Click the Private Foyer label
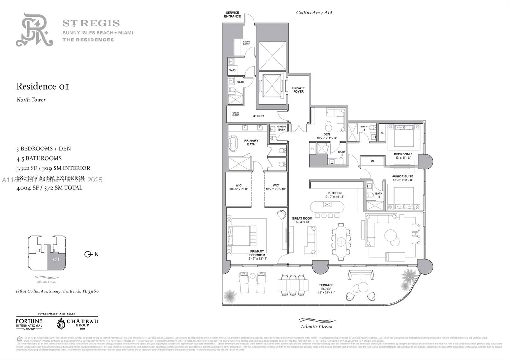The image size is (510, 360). click(298, 90)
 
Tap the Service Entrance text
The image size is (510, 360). click(232, 15)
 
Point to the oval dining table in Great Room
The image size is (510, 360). click(341, 241)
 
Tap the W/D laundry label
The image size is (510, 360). click(232, 70)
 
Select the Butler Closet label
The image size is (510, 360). click(246, 43)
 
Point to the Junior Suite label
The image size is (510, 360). click(402, 176)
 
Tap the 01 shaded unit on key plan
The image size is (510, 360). click(56, 259)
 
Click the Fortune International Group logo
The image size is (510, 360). click(29, 323)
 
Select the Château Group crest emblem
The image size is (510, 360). click(61, 324)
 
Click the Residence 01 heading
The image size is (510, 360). click(42, 86)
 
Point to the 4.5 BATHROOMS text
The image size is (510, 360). click(39, 158)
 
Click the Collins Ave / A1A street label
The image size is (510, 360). click(314, 13)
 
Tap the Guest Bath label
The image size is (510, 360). click(281, 128)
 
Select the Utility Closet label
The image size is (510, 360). click(236, 114)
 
